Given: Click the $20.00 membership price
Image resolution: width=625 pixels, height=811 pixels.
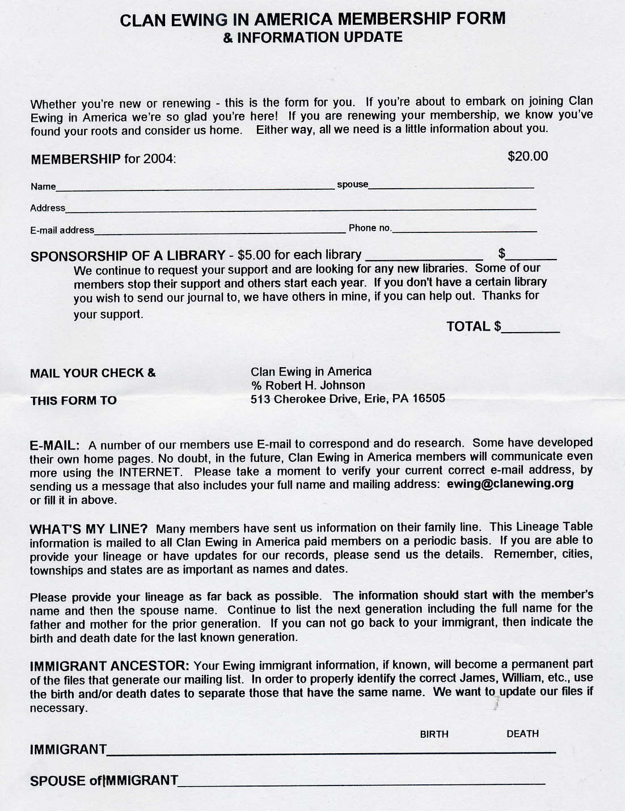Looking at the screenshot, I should click(527, 156).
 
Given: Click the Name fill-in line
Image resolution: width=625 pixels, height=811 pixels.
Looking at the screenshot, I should click(195, 186).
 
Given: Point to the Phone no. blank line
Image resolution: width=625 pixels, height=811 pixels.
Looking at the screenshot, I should click(464, 230).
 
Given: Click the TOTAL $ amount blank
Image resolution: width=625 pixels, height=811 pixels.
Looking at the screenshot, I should click(531, 329).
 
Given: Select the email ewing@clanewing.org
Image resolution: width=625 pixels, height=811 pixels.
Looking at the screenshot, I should click(510, 484).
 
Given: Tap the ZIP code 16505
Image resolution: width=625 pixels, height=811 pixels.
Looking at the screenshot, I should click(428, 398).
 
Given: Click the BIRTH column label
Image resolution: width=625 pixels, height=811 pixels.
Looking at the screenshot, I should click(434, 734).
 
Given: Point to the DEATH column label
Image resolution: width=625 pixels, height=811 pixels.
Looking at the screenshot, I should click(522, 734).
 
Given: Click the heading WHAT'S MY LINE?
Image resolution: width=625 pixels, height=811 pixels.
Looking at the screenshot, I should click(88, 529).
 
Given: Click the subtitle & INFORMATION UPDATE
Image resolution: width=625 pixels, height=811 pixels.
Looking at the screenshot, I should click(312, 37).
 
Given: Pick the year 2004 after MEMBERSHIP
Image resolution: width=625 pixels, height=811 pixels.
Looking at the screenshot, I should click(158, 159).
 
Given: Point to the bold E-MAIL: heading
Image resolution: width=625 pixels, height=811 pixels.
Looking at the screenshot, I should click(54, 445).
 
